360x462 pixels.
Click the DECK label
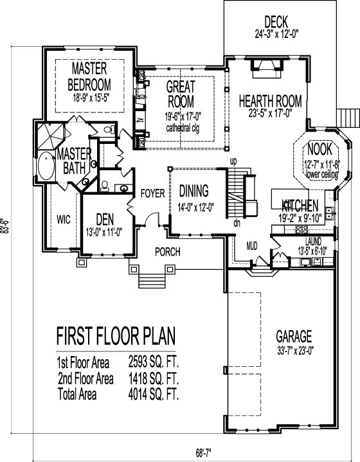[276, 22]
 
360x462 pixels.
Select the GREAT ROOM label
[181, 94]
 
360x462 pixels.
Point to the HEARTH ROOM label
[271, 101]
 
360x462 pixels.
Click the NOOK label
[319, 149]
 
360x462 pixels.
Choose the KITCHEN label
[300, 205]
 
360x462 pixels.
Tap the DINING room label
[194, 191]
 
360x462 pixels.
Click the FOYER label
[152, 193]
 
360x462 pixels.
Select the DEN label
[105, 220]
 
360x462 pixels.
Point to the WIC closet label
[64, 220]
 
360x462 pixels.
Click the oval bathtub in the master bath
[46, 166]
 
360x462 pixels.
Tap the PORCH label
[168, 252]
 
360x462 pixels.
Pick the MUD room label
[252, 245]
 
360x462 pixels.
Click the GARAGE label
[294, 336]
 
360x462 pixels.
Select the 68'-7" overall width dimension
[203, 452]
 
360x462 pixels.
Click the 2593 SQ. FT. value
[154, 362]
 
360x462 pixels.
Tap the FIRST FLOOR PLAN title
[116, 336]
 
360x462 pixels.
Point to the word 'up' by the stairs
[233, 162]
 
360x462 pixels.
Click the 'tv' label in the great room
[141, 121]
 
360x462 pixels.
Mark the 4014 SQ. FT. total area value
[154, 394]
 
